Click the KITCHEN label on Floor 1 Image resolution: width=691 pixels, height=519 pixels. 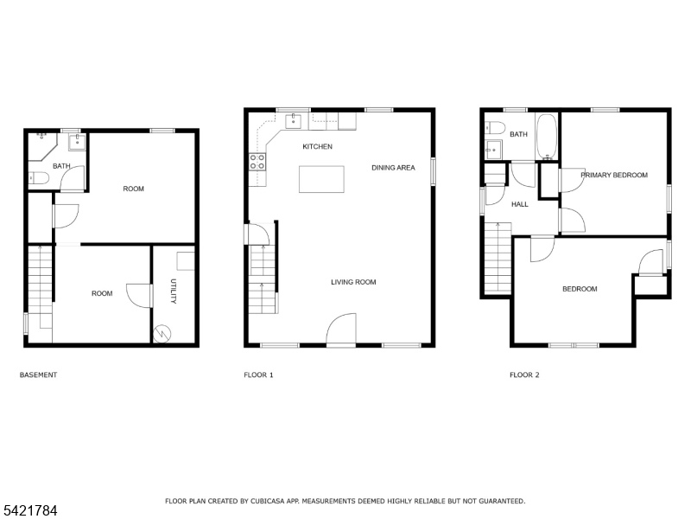(x=317, y=146)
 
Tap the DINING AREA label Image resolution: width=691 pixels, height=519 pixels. (x=393, y=168)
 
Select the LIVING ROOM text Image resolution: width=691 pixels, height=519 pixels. (x=353, y=282)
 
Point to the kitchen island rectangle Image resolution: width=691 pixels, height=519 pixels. (x=321, y=179)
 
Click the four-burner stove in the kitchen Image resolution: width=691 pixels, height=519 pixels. (x=257, y=162)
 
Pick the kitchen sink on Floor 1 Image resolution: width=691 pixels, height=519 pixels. (x=293, y=121)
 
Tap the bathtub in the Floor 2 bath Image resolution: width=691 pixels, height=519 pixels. (x=547, y=137)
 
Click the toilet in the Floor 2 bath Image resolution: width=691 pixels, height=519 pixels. (x=494, y=127)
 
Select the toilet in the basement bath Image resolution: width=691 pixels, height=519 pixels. (x=39, y=178)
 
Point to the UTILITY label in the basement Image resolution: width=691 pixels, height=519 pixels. (x=174, y=292)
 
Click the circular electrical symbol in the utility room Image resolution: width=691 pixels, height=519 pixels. (x=162, y=334)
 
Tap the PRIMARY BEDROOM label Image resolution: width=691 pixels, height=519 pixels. (x=614, y=176)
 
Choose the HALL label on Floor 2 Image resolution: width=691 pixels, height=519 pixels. (x=520, y=204)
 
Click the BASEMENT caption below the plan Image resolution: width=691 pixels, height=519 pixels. (x=38, y=375)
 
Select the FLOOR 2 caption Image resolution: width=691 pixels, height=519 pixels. (x=524, y=375)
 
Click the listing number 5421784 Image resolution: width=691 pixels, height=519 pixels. (x=29, y=511)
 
